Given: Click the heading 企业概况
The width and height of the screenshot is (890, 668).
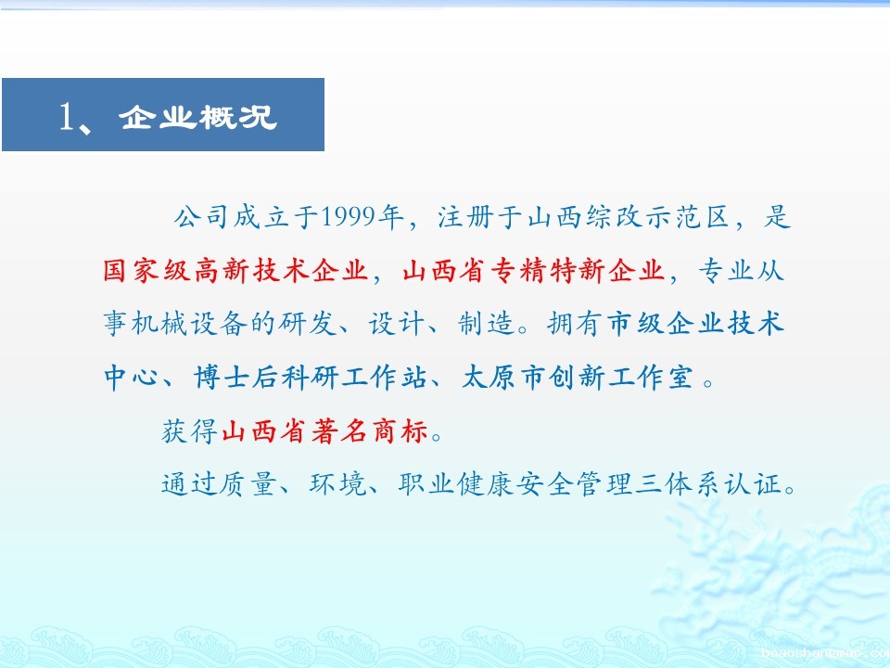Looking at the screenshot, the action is (x=197, y=117).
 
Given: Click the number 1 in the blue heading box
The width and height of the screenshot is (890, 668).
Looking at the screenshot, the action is (x=67, y=117).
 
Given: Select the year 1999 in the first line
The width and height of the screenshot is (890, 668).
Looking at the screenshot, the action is (x=348, y=216).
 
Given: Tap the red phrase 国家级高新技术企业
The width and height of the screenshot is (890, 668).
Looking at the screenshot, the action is (x=235, y=270).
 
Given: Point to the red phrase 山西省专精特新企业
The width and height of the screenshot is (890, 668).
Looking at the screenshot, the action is (x=533, y=270).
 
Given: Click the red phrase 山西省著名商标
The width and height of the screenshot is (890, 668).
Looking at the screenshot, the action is (x=324, y=431).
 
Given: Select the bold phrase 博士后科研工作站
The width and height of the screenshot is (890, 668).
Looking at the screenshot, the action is (x=310, y=378).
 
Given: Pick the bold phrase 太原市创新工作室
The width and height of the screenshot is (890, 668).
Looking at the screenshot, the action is (x=578, y=378).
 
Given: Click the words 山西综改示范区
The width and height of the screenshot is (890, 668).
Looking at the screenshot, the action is (x=628, y=216).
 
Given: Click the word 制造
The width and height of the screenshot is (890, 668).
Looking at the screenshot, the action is (x=486, y=323).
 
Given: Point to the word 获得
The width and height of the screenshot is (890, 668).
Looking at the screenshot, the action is (x=190, y=431).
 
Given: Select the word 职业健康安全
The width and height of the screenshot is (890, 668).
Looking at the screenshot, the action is (x=485, y=484).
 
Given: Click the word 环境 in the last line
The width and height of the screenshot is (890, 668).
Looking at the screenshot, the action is (x=338, y=484).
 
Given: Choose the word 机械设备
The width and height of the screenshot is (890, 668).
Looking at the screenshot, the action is (x=189, y=323).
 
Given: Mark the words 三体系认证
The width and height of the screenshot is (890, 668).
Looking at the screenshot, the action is (x=708, y=484).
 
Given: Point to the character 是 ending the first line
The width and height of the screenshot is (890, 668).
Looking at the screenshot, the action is (x=777, y=216).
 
